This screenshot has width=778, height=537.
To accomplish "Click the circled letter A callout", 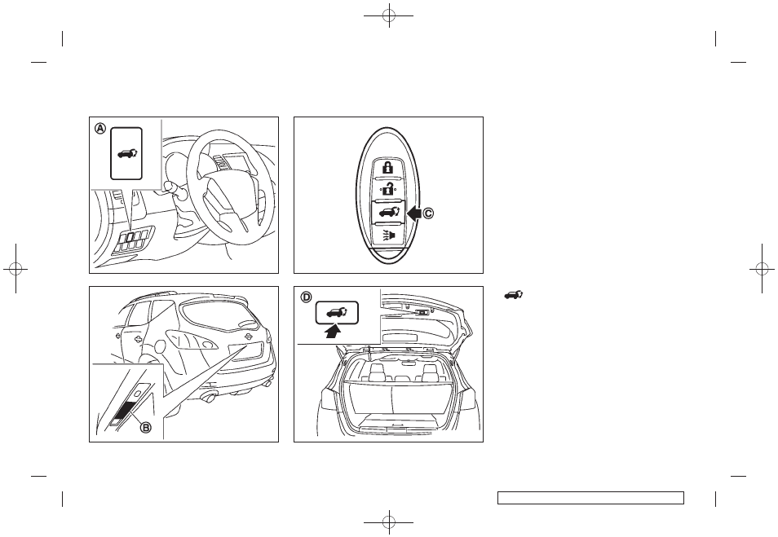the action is click(101, 129).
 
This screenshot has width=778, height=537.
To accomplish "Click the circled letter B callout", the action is click(145, 426).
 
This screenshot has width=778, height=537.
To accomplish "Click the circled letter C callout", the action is click(427, 213).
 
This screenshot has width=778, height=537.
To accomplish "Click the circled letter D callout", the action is click(306, 297).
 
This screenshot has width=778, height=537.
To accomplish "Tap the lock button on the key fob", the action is click(387, 167).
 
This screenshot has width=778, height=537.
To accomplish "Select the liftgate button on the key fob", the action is click(388, 213).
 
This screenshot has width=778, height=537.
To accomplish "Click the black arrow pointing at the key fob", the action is click(413, 213).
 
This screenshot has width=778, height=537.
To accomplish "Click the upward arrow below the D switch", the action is click(335, 331).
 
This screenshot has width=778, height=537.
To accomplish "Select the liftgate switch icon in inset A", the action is click(126, 154).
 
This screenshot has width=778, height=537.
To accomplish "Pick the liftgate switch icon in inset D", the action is click(337, 312).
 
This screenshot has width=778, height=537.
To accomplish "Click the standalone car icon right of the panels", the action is click(514, 296).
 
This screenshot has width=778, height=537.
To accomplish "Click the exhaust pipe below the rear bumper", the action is click(210, 397).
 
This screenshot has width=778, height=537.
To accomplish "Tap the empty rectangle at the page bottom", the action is click(590, 498).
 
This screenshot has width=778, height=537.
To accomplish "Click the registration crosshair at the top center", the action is click(388, 15).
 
